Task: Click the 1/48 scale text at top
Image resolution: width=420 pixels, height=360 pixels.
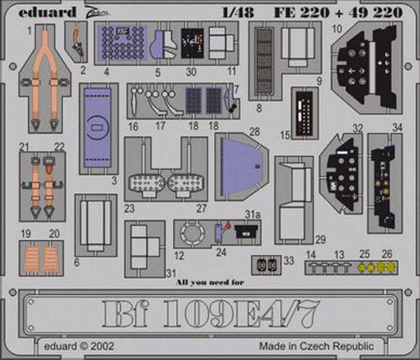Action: (238, 12)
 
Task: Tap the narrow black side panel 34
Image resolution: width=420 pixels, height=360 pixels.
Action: (383, 185)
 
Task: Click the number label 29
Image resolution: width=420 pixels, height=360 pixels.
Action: (321, 240)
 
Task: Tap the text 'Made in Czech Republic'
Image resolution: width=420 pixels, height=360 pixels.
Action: (316, 347)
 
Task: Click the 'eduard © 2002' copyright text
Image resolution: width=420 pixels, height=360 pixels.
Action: (79, 347)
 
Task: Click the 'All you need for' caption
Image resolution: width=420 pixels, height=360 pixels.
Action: (210, 282)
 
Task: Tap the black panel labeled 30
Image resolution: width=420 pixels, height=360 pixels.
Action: (192, 44)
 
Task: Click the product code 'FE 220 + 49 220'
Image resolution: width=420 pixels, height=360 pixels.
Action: (338, 12)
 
